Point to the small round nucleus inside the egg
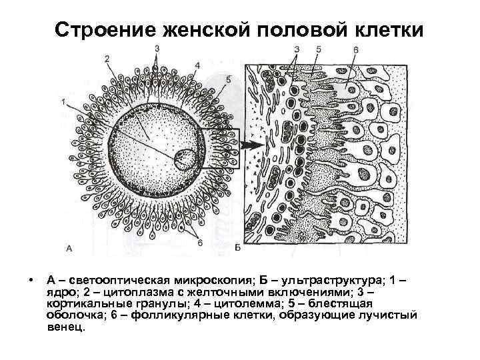[x=185, y=159]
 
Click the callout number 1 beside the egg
[x=62, y=102]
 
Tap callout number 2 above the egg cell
[x=107, y=59]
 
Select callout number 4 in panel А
[x=197, y=65]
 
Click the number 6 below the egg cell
[x=199, y=243]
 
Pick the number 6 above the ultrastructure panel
[x=356, y=50]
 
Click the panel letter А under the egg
[x=69, y=248]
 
